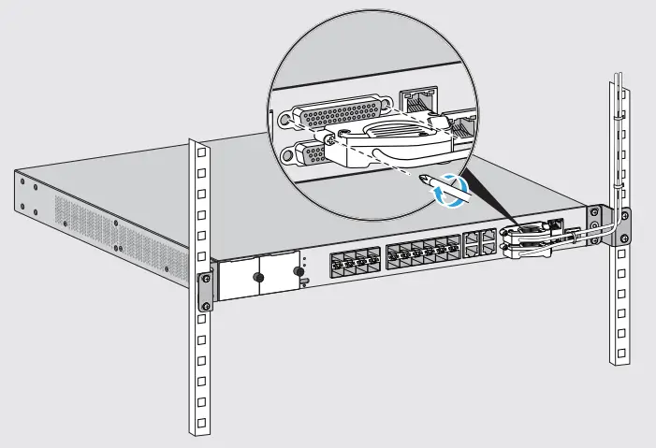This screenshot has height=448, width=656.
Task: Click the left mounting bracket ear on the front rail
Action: pyautogui.click(x=203, y=291)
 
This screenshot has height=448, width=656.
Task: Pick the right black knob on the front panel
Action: pyautogui.click(x=300, y=271)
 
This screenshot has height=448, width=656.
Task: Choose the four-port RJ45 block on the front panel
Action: pyautogui.click(x=480, y=243)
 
